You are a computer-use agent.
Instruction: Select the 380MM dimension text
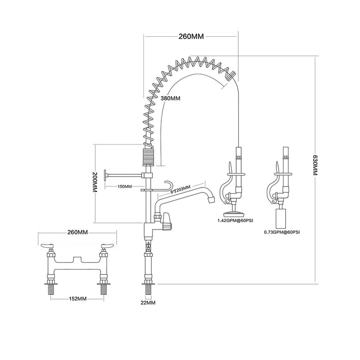pos(170,98)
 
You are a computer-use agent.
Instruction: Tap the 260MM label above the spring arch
pos(190,37)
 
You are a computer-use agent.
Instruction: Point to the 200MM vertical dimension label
pos(94,183)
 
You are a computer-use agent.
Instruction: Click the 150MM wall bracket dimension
pos(124,186)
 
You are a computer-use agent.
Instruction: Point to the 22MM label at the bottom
pos(148,302)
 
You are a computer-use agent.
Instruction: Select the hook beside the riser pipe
pos(167,185)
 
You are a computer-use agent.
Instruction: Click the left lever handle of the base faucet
pos(47,246)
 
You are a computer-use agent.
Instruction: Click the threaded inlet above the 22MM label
pos(148,289)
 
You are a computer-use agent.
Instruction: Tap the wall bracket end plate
pos(106,175)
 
